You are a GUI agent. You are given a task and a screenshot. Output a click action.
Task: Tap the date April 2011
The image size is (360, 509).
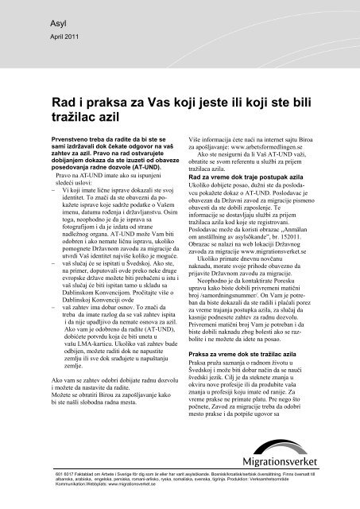coord(52,37)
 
